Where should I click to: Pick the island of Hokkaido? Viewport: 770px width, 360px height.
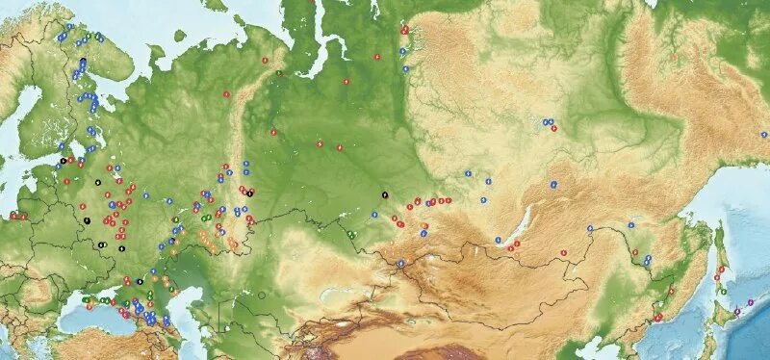click(721, 318)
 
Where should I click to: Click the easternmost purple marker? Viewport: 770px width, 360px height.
click(749, 304)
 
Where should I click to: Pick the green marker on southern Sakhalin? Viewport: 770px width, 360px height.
click(723, 290)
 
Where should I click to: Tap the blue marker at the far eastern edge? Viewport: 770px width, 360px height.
click(764, 136)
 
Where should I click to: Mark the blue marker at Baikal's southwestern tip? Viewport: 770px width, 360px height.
click(498, 240)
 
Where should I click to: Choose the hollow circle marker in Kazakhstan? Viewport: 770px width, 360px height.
click(259, 294)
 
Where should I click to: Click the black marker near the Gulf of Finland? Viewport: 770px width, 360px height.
click(63, 160)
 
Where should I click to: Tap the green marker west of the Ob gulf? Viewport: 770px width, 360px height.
click(279, 73)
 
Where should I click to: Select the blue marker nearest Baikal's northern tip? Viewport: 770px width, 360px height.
click(553, 184)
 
